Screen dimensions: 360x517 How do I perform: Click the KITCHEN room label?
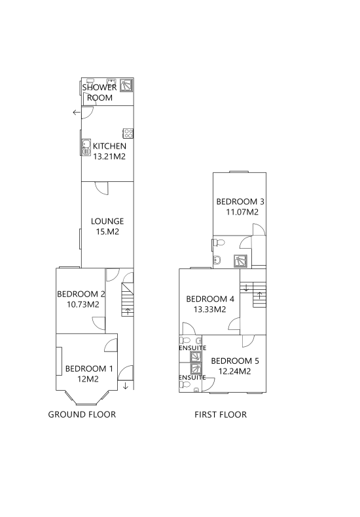click(x=109, y=146)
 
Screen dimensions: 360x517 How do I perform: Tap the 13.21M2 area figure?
click(x=109, y=156)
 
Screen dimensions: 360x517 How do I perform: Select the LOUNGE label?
click(x=107, y=221)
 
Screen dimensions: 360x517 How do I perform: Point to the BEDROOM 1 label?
click(x=89, y=368)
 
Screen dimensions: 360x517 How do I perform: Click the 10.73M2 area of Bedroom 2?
click(x=83, y=304)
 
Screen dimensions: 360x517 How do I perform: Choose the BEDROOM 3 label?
click(x=240, y=202)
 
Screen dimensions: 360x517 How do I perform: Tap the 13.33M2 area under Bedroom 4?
click(x=209, y=310)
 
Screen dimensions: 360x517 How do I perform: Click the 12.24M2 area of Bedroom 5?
click(x=235, y=371)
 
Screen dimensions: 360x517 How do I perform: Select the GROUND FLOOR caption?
click(x=82, y=414)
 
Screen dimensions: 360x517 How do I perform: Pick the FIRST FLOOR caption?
click(x=221, y=414)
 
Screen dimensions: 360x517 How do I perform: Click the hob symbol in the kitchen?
click(x=128, y=134)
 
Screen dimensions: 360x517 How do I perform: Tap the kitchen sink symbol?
click(x=86, y=147)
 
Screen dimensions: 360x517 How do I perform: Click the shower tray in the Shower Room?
click(x=126, y=85)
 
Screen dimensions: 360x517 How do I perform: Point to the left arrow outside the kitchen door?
click(x=77, y=113)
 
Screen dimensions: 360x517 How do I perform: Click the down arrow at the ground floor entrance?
click(x=125, y=385)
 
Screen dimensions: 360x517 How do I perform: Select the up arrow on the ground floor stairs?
click(x=128, y=312)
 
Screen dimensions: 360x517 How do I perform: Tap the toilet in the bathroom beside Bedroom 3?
click(x=219, y=243)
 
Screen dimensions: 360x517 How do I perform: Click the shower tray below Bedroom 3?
click(x=240, y=261)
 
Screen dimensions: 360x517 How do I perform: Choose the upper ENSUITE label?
click(x=192, y=348)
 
